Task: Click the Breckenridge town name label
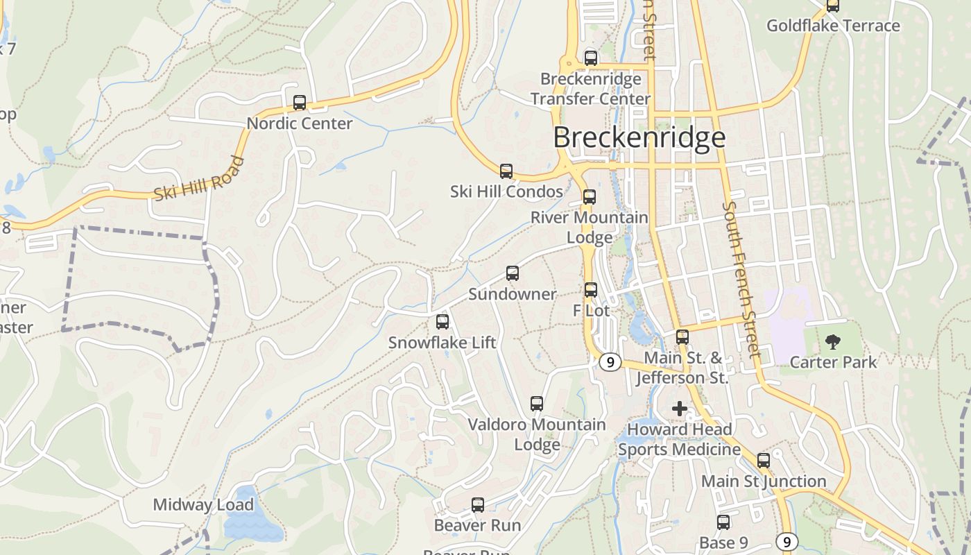(639, 137)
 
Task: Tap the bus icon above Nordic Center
(300, 103)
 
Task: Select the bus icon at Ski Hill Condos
(506, 171)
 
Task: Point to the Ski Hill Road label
(199, 180)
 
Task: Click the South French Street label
(742, 279)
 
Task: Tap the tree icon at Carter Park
(832, 341)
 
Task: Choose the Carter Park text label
(833, 361)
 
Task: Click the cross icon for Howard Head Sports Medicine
(680, 409)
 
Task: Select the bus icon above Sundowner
(513, 273)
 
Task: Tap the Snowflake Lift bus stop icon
(442, 322)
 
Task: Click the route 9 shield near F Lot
(610, 362)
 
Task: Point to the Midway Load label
(203, 504)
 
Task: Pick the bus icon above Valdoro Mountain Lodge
(537, 404)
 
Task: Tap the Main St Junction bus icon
(764, 461)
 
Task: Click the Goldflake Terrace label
(833, 26)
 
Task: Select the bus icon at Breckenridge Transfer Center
(591, 58)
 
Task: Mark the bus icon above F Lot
(591, 290)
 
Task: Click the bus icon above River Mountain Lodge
(590, 197)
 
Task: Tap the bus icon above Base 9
(723, 522)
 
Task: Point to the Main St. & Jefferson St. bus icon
(682, 337)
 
